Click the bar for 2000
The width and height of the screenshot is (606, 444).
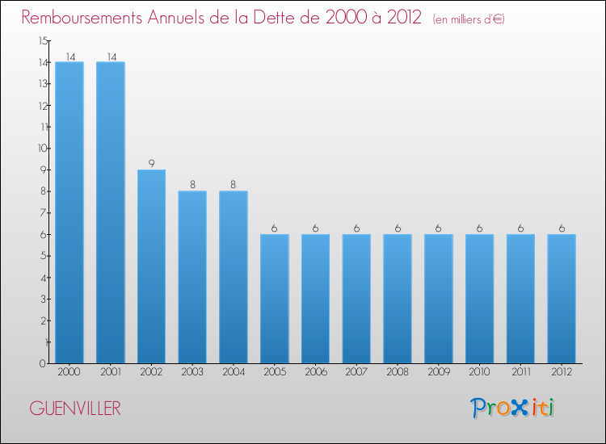point(69,212)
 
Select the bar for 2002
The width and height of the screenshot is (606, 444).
point(151,266)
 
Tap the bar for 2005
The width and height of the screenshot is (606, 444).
point(274,299)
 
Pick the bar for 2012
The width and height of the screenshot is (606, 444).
point(562,299)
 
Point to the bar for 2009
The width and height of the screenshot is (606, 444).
point(438,299)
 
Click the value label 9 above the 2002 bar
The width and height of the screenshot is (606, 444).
point(151,163)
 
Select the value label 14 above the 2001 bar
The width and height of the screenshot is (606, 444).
point(110,56)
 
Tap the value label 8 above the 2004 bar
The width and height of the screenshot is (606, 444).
point(234,185)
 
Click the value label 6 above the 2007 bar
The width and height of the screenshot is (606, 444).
point(356,228)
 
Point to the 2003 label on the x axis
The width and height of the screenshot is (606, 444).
point(192,372)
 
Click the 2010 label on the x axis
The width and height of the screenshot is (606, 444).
point(479,372)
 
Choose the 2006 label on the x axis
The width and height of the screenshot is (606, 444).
point(315,372)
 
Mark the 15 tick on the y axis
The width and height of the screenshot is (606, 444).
point(42,40)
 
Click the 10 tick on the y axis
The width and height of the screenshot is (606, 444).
point(42,148)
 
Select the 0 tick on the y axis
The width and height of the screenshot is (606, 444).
point(43,363)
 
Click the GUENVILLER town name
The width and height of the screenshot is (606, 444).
point(75,408)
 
